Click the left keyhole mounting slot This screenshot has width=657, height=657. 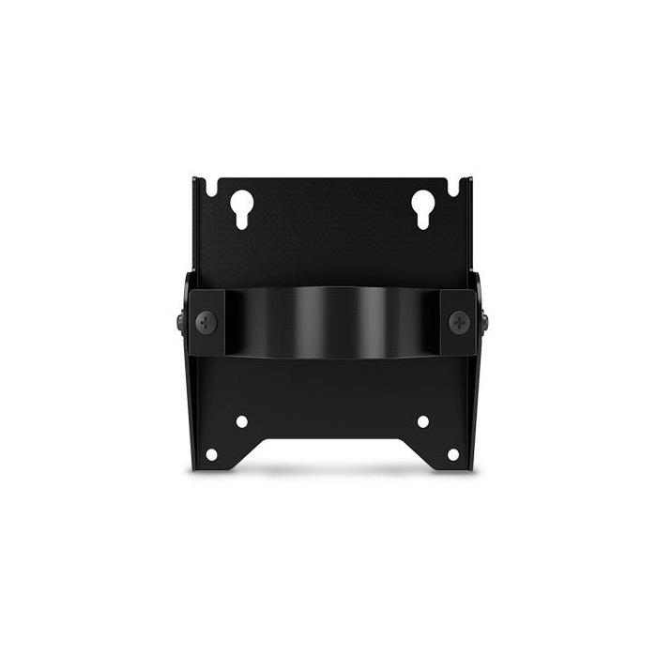(241, 207)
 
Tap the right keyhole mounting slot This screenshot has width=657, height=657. (421, 207)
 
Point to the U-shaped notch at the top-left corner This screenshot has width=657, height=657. (211, 187)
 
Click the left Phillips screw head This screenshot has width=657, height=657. (206, 322)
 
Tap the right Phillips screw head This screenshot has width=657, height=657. (458, 322)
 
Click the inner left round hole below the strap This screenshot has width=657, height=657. (241, 421)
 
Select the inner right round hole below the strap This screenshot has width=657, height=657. (422, 421)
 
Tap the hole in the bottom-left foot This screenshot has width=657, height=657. (211, 454)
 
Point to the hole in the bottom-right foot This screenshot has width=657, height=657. (452, 454)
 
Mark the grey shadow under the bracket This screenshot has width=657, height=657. (332, 470)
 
